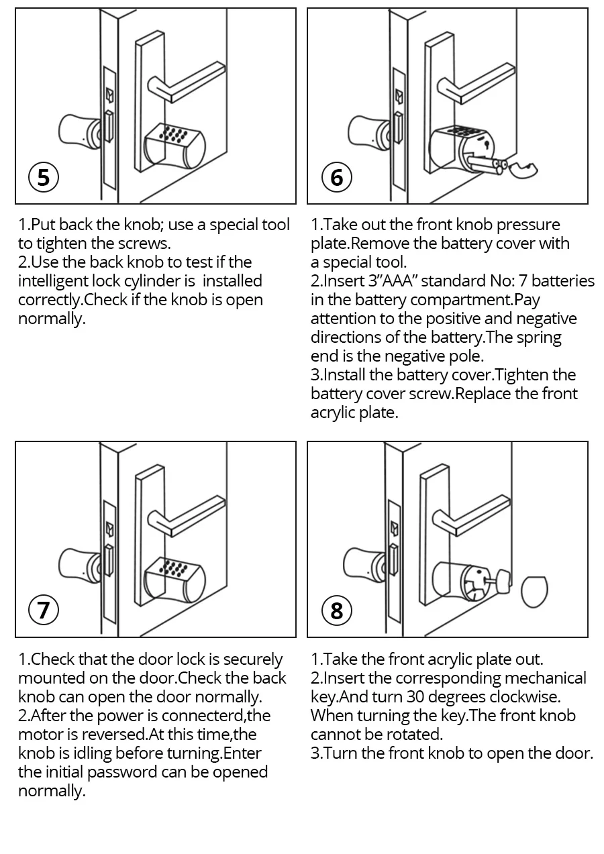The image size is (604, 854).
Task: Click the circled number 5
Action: (x=44, y=177)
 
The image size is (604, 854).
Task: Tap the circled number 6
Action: (x=337, y=177)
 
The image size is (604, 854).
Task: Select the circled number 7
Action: (x=44, y=610)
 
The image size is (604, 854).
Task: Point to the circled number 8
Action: (x=337, y=610)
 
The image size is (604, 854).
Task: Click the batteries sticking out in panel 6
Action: (x=488, y=166)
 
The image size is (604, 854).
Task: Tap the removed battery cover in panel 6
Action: (x=523, y=170)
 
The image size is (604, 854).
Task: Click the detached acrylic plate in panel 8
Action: (x=534, y=592)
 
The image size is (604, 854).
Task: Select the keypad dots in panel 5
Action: (x=174, y=134)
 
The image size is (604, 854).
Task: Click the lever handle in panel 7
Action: (x=186, y=516)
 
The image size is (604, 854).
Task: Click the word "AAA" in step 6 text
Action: (x=397, y=281)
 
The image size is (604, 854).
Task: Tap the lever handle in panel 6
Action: (x=476, y=84)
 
